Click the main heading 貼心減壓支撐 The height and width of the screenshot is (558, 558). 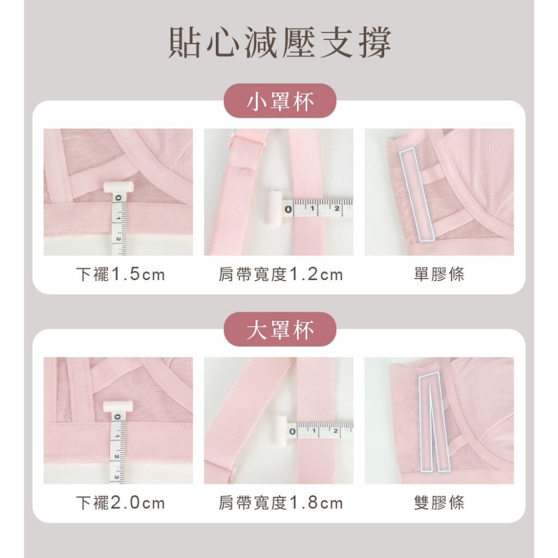coord(280,43)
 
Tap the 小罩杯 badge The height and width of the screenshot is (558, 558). coord(280,101)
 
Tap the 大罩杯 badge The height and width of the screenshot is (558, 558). coord(280,329)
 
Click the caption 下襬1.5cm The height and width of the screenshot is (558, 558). coord(120,275)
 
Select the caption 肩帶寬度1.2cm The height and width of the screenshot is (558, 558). coord(281,275)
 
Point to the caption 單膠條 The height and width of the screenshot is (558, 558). coord(439,275)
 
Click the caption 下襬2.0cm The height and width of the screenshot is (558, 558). coord(120,503)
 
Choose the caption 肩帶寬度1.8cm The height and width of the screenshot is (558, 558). coord(281,503)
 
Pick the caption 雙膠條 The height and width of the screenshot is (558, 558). coord(439,503)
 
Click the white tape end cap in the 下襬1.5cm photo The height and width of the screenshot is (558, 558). coord(118,187)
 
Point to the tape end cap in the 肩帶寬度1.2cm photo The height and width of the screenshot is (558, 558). coord(275,209)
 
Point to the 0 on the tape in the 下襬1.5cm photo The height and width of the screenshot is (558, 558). coord(118,198)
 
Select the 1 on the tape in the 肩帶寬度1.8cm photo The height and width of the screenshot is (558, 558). coord(314,431)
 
